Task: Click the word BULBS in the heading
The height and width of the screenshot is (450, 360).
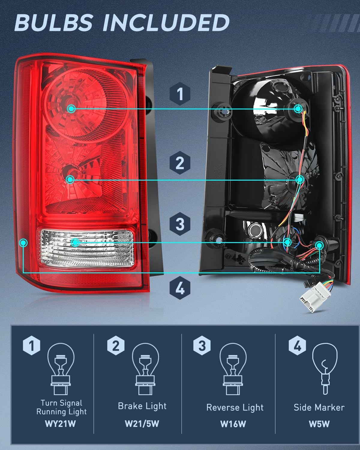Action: coord(53,23)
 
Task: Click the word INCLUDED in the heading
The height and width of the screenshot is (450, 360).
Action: coord(166,23)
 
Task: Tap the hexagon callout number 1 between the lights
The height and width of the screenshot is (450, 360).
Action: coord(180,94)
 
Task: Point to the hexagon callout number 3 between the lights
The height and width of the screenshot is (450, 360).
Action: coord(180,224)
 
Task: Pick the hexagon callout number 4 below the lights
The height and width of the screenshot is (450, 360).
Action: coord(180,288)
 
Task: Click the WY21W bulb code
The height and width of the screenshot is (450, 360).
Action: coord(60,424)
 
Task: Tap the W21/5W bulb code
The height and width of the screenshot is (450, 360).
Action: coord(142,424)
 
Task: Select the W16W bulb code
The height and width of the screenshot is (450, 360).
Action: coord(233,424)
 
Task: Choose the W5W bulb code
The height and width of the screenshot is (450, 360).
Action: coord(319,424)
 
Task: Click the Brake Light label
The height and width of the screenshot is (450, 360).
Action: coord(142,406)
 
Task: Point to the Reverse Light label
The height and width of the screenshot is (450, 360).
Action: coord(235,407)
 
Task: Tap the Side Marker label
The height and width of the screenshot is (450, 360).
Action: coord(319,407)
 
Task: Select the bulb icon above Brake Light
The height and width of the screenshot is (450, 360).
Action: coord(145,369)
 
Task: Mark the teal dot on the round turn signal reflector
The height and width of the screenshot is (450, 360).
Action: coord(71,109)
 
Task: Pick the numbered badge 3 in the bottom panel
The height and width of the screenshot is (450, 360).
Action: coord(202,346)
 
